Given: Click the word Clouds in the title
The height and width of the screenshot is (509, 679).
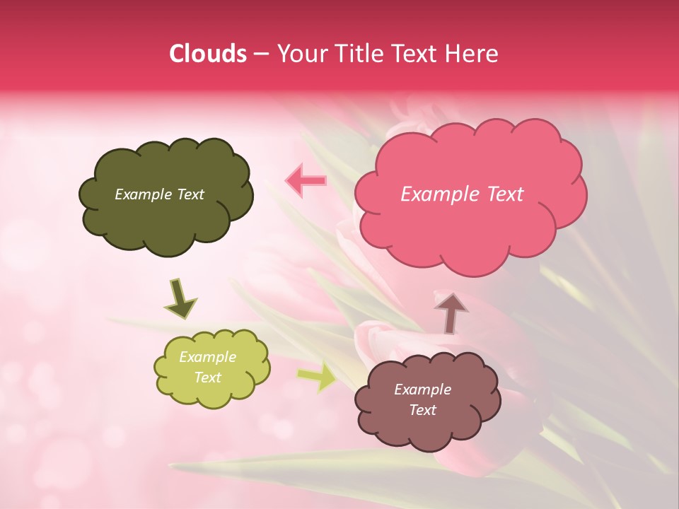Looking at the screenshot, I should click(x=207, y=54).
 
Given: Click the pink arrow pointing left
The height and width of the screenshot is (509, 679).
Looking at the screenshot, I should click(x=306, y=181).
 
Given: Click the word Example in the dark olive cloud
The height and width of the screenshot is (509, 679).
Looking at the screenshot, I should click(x=142, y=194).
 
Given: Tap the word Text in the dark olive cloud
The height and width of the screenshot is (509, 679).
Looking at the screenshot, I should click(x=189, y=194).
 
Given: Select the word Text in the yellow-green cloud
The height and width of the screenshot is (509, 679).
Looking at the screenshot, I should click(x=208, y=378).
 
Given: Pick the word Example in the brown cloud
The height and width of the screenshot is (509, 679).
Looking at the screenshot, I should click(x=422, y=390).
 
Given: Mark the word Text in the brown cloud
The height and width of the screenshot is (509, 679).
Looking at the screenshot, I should click(x=422, y=410).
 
